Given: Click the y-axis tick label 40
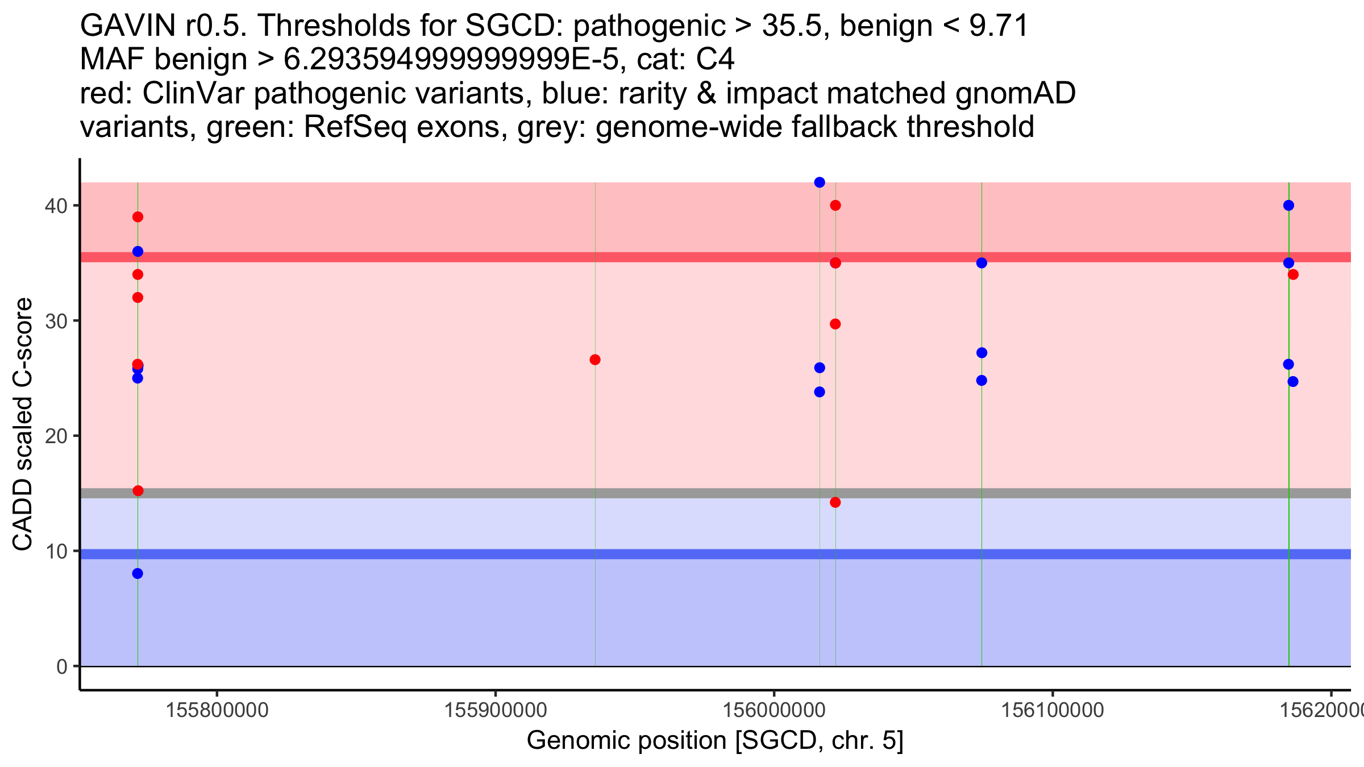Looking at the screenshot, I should (55, 206).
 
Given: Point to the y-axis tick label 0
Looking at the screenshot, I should (61, 666).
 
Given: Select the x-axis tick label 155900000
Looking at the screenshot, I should (495, 710).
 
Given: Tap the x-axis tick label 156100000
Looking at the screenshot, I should (1052, 710).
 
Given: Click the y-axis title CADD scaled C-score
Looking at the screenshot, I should (23, 425).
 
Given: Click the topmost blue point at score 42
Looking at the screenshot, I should (820, 182).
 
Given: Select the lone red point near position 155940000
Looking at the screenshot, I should (595, 360).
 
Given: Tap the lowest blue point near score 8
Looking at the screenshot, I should (138, 574).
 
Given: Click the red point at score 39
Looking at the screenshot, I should (138, 217).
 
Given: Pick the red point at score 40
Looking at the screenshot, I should (835, 205).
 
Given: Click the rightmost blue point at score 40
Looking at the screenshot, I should (1288, 205).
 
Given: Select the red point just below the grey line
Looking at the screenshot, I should (835, 502).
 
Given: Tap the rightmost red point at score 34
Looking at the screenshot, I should (1293, 274).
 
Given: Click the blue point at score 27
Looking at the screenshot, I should (982, 353).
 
